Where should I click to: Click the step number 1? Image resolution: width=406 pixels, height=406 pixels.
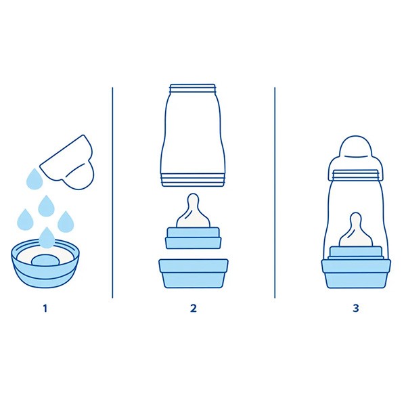(x=45, y=309)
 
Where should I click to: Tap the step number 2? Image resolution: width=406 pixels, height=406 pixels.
(x=194, y=309)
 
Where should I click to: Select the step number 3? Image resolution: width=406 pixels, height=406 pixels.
(x=356, y=309)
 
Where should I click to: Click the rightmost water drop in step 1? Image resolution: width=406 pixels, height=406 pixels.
(x=66, y=221)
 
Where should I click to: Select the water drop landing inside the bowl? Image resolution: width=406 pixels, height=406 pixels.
(x=46, y=238)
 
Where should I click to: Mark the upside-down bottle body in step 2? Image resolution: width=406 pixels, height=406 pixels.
(x=194, y=135)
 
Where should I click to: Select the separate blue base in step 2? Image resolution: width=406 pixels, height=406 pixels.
(x=194, y=274)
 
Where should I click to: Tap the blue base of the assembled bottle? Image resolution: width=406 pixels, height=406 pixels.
(x=356, y=274)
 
